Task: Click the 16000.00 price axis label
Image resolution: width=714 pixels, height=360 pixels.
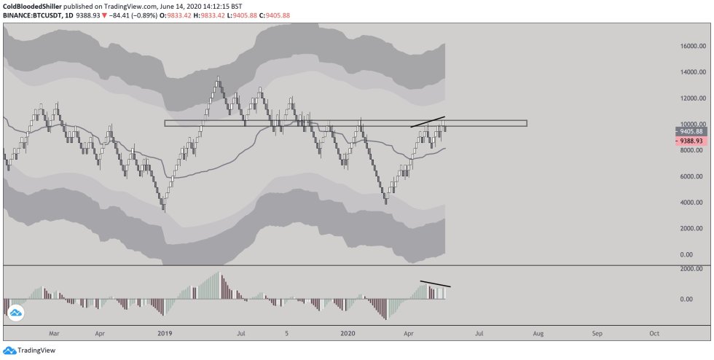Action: point(690,46)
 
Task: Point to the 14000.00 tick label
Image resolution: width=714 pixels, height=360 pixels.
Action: point(690,72)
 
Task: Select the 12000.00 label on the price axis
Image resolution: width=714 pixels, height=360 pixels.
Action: point(690,98)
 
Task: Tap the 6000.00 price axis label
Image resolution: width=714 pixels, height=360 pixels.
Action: point(691,176)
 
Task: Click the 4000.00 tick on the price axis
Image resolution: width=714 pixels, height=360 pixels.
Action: point(691,203)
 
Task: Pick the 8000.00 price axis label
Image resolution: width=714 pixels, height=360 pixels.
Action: point(691,150)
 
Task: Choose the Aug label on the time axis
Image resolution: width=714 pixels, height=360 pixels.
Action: point(538,333)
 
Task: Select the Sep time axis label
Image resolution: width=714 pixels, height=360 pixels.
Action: point(597,333)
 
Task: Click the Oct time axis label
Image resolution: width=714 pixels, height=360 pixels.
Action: point(654,333)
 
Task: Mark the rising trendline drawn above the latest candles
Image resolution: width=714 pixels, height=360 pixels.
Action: point(428,122)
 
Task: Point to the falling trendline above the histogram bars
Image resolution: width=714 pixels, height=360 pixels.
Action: point(436,283)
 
